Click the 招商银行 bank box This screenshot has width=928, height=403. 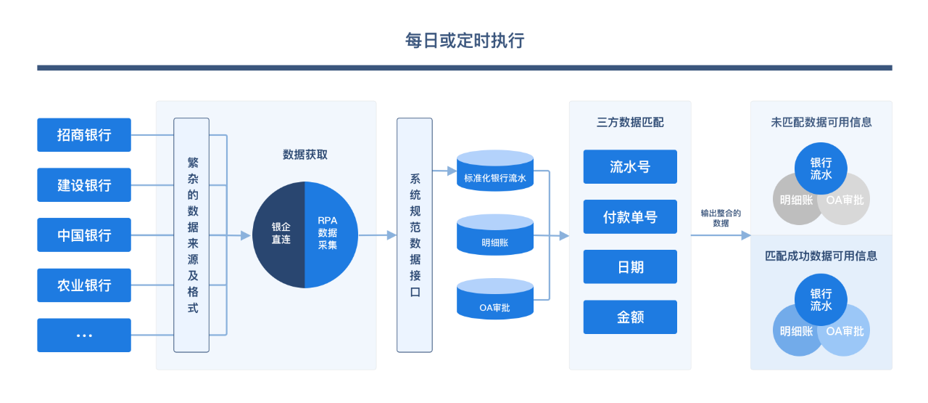point(84,135)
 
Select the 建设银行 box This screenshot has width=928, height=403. point(84,185)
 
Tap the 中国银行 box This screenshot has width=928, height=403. point(84,235)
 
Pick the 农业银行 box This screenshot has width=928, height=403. point(84,285)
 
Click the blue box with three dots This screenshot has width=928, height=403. point(84,335)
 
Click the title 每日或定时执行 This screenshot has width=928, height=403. point(465,41)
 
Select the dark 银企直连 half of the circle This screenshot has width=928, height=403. point(279,235)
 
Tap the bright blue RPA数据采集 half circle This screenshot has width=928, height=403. point(331,235)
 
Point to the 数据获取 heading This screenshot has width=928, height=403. point(305,155)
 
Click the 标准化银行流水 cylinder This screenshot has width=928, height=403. point(495,171)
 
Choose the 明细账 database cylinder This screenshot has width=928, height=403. point(495,235)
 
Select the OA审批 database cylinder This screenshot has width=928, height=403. point(495,299)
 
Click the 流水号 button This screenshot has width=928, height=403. point(630,167)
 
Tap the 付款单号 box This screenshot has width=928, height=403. point(630,217)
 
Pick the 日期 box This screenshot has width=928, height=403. point(630,267)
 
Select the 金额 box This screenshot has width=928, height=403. point(630,317)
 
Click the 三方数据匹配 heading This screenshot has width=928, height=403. point(630,123)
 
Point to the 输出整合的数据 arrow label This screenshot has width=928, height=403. point(721,219)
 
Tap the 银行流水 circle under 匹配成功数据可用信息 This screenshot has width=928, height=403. point(821,300)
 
